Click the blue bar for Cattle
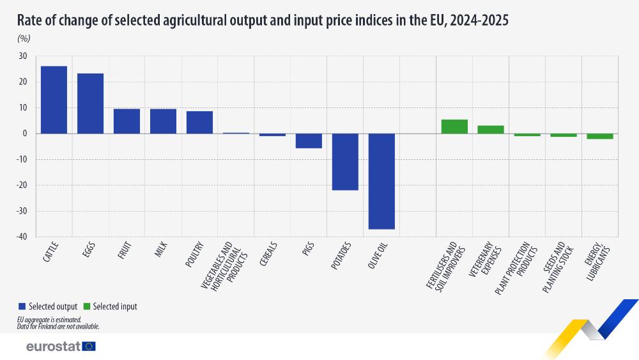coord(54,100)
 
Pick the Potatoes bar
coord(345,162)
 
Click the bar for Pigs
coord(309,141)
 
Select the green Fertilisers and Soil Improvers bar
coord(454,127)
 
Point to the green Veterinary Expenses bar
coord(491,129)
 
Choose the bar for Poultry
coord(199,122)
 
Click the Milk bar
coord(163,121)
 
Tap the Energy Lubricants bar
coord(600,136)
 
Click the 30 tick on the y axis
coord(22,56)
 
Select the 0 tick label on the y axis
coord(24,134)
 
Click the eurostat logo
coord(61,346)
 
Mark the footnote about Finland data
coord(58,326)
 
